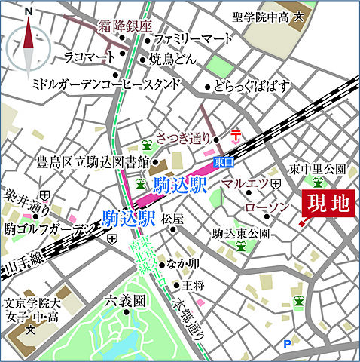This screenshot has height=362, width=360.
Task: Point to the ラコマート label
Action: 89,55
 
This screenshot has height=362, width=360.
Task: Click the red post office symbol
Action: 235,135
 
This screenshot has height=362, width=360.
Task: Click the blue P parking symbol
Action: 286,345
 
